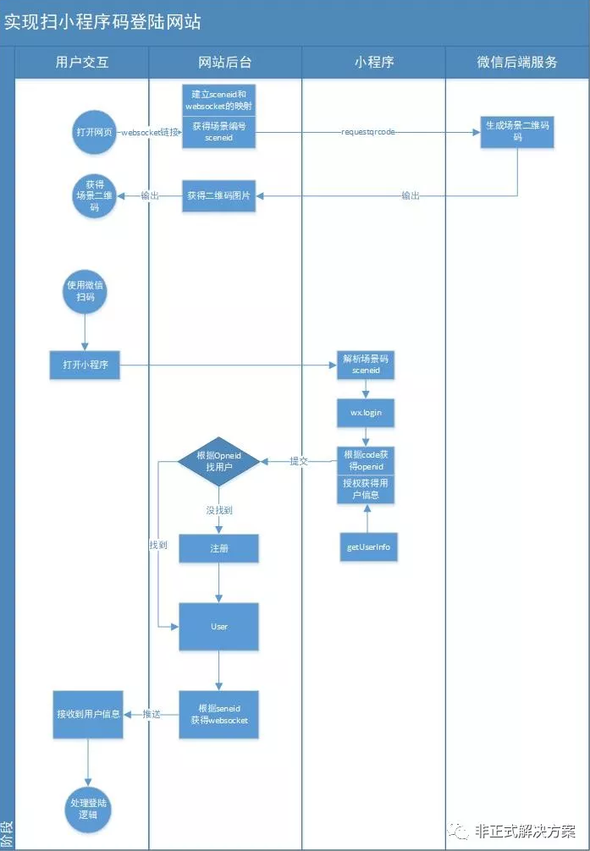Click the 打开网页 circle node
94,133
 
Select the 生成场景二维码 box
517,131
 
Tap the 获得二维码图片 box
219,195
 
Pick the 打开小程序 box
85,365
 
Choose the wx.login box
366,413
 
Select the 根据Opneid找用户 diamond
219,461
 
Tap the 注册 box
219,548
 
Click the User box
219,626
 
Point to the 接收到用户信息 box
87,714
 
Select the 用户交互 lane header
82,62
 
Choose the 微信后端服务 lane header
517,62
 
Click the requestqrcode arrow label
367,132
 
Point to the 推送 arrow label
152,715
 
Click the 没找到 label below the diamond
219,510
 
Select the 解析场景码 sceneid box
366,365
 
